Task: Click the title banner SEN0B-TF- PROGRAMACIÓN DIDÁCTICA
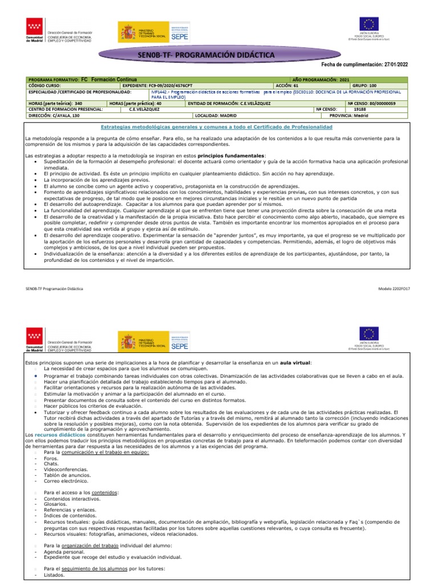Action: (206, 55)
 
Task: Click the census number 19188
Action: (360, 109)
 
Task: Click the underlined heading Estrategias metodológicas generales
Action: (216, 126)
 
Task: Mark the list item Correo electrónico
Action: (63, 480)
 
